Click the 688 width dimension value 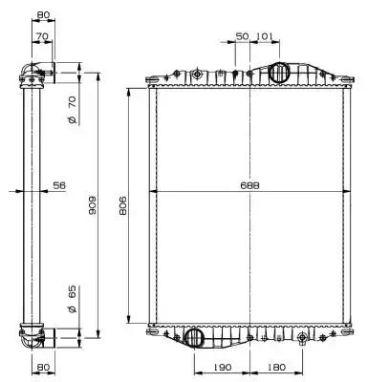point(249,185)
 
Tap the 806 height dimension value point(122,205)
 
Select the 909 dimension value point(92,204)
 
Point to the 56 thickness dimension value point(59,185)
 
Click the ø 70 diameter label point(73,110)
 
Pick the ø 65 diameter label point(73,299)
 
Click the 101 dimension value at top point(265,36)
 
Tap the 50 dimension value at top point(242,36)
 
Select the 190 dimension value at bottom point(222,368)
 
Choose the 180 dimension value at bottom point(276,368)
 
